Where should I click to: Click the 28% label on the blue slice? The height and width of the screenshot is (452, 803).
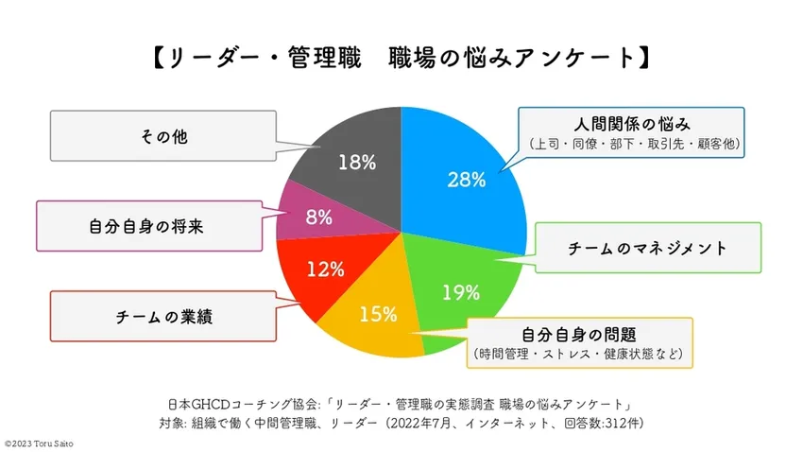coord(466,179)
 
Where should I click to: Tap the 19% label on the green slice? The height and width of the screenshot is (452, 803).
coord(461,291)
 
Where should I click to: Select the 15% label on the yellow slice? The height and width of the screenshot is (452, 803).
coord(378,314)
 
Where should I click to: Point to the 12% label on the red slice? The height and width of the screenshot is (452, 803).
coord(326,269)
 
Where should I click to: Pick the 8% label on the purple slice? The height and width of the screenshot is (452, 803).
coord(319,217)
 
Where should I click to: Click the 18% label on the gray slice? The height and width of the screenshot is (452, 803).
coord(357,162)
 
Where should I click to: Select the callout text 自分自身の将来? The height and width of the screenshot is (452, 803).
coord(146,227)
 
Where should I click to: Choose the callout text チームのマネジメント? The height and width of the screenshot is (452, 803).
coord(647,249)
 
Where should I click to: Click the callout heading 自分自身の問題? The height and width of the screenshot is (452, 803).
coord(578,336)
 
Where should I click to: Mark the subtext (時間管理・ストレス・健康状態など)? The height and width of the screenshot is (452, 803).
coord(578,356)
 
